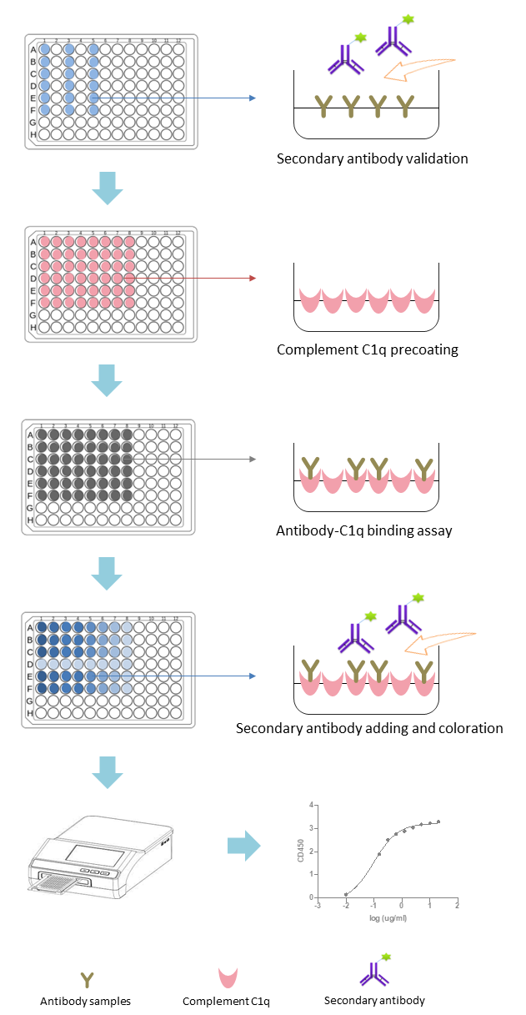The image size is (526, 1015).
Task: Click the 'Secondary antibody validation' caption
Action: point(372,158)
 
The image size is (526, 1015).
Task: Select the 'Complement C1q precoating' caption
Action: point(368,349)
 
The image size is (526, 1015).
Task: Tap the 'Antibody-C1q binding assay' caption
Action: point(364,530)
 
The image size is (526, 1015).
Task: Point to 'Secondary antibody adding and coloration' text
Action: point(369,728)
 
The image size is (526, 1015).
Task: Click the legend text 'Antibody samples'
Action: point(85,1001)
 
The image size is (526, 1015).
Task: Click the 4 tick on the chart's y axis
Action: point(310,805)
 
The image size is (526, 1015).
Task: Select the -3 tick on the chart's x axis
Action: point(318,905)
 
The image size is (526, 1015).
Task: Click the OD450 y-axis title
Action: point(300,852)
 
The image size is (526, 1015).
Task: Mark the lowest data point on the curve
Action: point(346,894)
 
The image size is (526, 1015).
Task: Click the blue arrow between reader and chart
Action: point(243,847)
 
